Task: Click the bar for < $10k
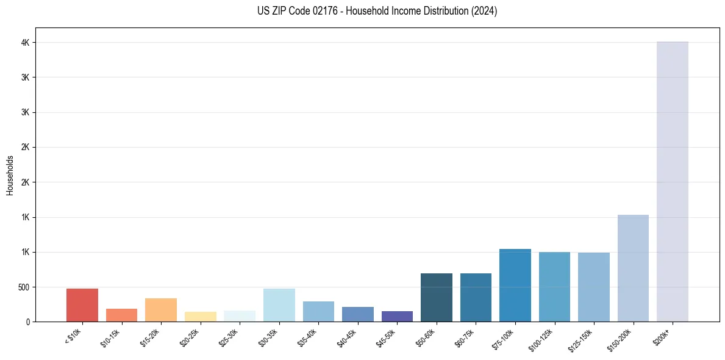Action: pos(82,305)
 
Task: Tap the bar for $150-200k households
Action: pos(633,268)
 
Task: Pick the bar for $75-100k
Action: pos(515,285)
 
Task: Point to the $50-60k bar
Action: pos(437,297)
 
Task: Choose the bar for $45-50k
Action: pos(397,316)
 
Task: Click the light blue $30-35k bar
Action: pos(279,305)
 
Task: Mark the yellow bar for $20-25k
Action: pos(201,317)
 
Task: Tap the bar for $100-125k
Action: pos(554,287)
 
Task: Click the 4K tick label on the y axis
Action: pos(25,43)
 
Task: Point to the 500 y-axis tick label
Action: pos(23,287)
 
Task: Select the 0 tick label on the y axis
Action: pos(28,322)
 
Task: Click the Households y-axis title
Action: pos(10,175)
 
